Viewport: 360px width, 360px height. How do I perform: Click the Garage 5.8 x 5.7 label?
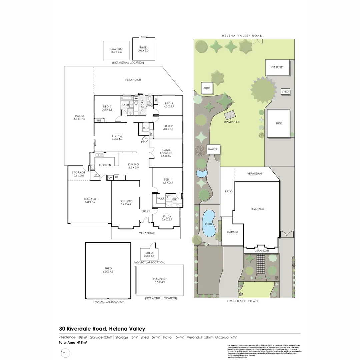[90, 201]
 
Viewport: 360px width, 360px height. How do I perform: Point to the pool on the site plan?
[209, 224]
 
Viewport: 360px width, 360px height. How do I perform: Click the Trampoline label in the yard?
[231, 122]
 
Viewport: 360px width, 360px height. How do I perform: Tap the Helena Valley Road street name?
[242, 36]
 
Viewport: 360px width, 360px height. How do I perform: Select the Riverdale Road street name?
[242, 301]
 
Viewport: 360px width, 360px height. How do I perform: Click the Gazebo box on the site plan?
[213, 149]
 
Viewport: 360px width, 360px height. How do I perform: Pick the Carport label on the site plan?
[277, 67]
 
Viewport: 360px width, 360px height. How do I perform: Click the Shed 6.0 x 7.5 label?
[108, 270]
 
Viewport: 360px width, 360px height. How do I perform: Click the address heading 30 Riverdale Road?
[102, 329]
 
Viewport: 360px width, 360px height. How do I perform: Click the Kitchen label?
[105, 165]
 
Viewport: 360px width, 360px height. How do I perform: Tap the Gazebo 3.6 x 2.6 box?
[116, 51]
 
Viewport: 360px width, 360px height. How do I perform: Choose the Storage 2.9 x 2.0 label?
[79, 174]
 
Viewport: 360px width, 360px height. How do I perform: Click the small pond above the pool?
[201, 174]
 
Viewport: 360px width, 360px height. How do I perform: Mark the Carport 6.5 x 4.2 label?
[160, 281]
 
